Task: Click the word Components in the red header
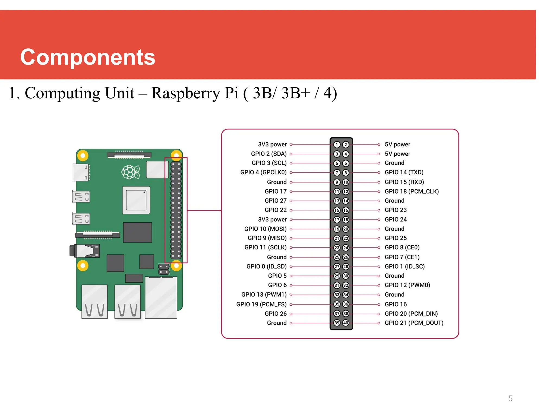click(x=87, y=57)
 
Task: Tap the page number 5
click(x=510, y=398)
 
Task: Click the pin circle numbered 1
click(x=337, y=145)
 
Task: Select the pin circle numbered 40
click(x=346, y=323)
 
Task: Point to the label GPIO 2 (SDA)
click(x=268, y=154)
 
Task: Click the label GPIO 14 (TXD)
click(x=404, y=172)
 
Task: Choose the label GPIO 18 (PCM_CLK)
click(x=412, y=191)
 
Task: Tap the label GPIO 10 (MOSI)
click(x=265, y=229)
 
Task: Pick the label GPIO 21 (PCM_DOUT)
click(x=414, y=323)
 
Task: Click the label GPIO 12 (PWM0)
click(x=407, y=285)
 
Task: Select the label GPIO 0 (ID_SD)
click(x=266, y=267)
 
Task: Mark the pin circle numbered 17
click(x=337, y=220)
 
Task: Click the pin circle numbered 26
click(x=346, y=257)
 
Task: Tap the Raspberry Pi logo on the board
click(x=131, y=172)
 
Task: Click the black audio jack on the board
click(x=85, y=251)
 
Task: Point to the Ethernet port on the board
click(x=161, y=297)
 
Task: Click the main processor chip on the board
click(x=136, y=200)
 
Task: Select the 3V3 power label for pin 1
click(x=272, y=144)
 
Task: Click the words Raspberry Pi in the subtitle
click(x=195, y=93)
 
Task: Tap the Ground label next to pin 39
click(x=277, y=323)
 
